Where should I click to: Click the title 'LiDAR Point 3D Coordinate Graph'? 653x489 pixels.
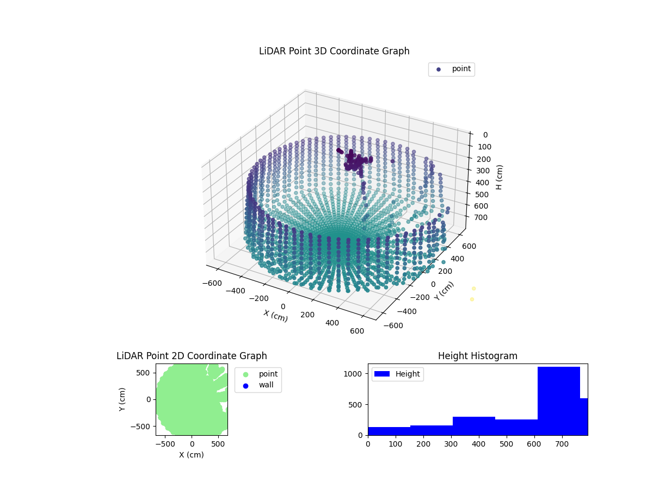(334, 51)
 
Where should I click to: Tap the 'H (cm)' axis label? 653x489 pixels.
(499, 177)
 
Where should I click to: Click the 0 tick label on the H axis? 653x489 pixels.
(485, 135)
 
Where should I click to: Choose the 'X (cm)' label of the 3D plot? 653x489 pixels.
(276, 315)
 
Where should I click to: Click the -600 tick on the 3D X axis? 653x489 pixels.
(215, 283)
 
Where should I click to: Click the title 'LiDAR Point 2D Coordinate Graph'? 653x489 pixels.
(192, 356)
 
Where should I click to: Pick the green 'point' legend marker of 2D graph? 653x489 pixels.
(245, 374)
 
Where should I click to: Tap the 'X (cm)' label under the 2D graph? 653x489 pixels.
(192, 455)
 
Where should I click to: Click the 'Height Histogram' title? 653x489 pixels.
(477, 356)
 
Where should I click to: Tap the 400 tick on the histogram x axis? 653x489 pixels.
(478, 444)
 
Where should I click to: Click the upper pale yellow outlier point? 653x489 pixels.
(473, 288)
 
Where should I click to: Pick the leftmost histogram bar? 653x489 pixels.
(389, 431)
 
